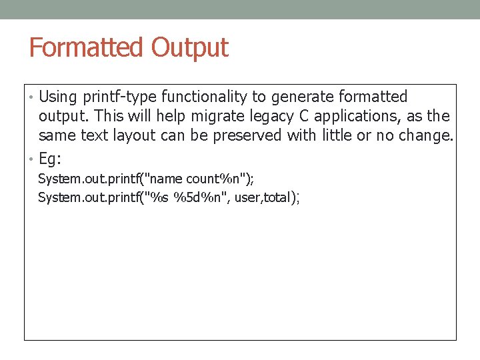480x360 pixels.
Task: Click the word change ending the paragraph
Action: [x=427, y=136]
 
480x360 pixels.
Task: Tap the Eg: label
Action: [x=50, y=160]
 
